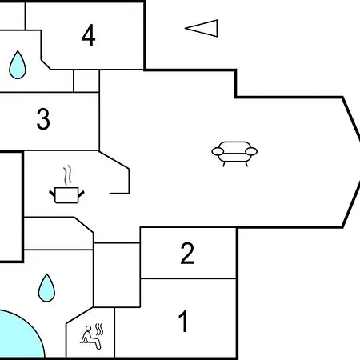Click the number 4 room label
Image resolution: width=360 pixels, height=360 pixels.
tap(89, 35)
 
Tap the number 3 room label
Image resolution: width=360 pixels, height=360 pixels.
tap(43, 119)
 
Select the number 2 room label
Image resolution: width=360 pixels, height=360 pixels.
tap(187, 253)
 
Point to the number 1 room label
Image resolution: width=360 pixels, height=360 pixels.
tap(183, 321)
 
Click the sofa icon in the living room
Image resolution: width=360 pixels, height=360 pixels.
tap(234, 154)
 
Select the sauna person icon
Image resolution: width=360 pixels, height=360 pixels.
tap(91, 337)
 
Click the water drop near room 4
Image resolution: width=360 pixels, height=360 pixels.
tap(18, 65)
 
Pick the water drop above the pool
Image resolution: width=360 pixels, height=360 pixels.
tap(46, 288)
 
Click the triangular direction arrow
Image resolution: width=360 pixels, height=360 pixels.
tap(202, 28)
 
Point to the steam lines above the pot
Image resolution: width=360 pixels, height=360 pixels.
tap(67, 175)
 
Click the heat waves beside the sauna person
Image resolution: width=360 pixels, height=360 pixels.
tap(99, 330)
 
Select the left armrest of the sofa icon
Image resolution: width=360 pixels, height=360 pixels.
tap(218, 151)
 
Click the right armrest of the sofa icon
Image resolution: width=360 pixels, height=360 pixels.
tap(251, 151)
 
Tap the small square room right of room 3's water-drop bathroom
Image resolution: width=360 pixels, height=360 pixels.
tap(86, 81)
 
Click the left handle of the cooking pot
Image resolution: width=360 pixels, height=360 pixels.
tap(52, 194)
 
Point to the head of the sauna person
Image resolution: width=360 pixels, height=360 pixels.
tap(89, 328)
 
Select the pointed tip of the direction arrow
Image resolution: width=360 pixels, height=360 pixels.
tap(186, 28)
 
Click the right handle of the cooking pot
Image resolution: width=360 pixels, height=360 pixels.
tap(81, 194)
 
